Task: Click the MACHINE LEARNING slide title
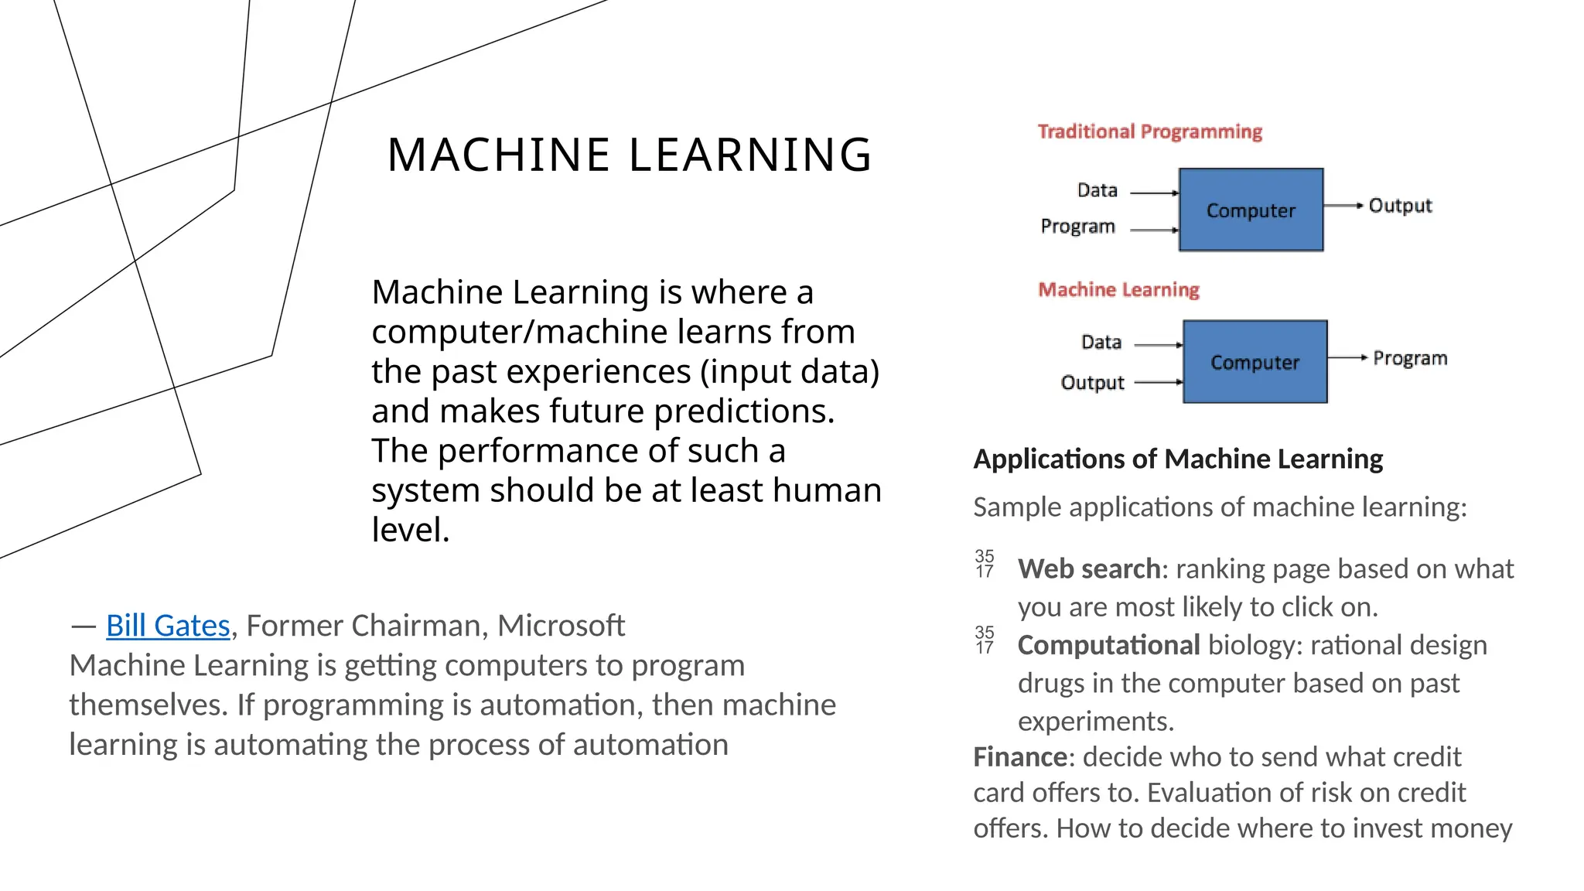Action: click(630, 154)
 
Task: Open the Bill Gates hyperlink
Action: click(168, 625)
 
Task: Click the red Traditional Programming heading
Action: click(1149, 131)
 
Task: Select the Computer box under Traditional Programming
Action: click(1251, 210)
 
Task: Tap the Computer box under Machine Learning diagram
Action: click(1255, 362)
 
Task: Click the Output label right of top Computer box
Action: click(1400, 206)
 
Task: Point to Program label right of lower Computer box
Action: click(1409, 358)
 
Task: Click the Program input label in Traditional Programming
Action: click(1077, 227)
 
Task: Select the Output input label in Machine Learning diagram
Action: click(1092, 383)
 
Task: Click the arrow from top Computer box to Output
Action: click(1343, 206)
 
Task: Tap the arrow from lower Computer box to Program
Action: click(1347, 357)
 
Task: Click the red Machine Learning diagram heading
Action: click(1118, 290)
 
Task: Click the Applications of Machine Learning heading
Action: click(1177, 459)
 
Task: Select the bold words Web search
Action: click(1088, 568)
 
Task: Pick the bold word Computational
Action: click(1108, 645)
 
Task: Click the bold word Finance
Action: click(1019, 756)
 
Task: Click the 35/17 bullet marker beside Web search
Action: click(984, 564)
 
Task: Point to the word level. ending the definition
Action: click(410, 530)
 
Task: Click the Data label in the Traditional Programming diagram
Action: click(1097, 190)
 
